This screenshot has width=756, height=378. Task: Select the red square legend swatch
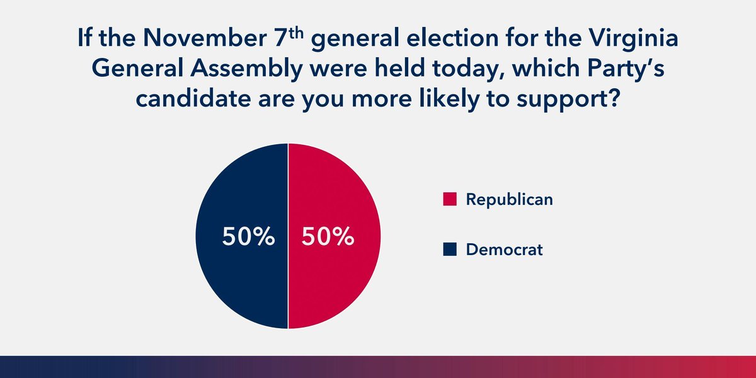[449, 200]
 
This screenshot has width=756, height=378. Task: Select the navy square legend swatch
[449, 250]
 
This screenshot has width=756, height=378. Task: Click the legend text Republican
[509, 200]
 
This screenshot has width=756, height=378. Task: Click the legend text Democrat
[504, 250]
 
